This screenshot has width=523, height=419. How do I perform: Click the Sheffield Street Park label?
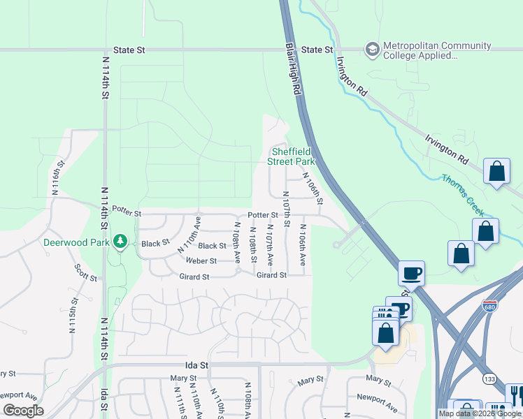point(292,156)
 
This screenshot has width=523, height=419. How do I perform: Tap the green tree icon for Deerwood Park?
point(121,242)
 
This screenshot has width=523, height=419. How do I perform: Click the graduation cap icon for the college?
point(372,50)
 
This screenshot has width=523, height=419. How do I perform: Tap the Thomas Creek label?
point(467,188)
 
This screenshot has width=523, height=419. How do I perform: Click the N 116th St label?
point(57,178)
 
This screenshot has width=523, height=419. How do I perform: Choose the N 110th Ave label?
point(189,235)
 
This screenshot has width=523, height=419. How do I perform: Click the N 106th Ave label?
point(303,244)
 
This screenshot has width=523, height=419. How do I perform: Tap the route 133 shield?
point(489,378)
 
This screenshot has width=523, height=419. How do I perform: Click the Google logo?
point(23,411)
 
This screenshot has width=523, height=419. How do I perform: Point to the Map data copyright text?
point(480,413)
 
